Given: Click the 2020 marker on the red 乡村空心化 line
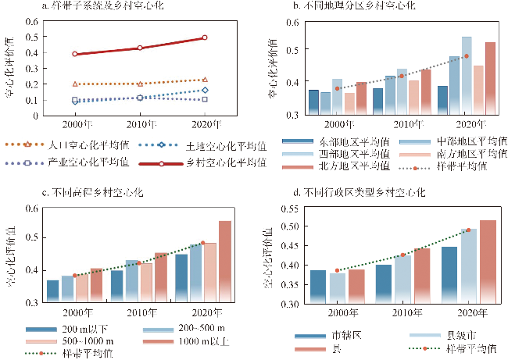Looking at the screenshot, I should point(205,37).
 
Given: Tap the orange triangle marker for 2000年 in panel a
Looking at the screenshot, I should point(75,84).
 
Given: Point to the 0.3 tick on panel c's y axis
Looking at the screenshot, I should point(38,301).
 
